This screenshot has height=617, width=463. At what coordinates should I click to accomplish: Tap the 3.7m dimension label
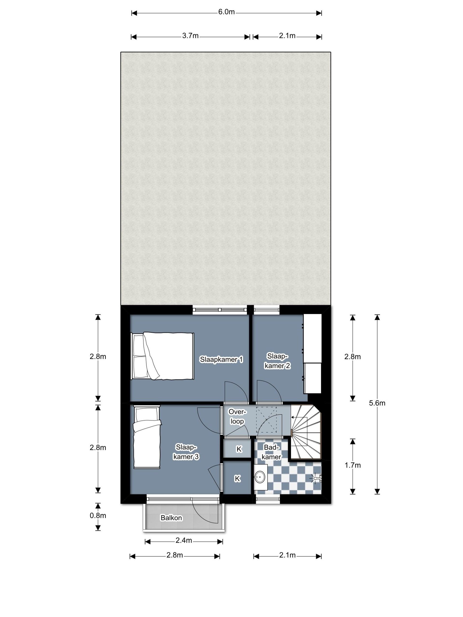point(190,36)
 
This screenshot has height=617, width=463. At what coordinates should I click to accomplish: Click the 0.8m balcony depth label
point(98,515)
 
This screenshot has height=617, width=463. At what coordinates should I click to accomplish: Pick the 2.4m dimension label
point(184,540)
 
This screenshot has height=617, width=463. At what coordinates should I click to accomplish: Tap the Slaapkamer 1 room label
point(221,360)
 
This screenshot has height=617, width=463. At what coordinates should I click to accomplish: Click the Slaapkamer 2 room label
point(277,361)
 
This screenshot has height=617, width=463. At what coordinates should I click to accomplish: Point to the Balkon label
point(171,518)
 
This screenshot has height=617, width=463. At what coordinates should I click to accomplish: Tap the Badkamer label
point(272,452)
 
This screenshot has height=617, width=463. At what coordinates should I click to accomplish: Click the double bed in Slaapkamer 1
point(162,356)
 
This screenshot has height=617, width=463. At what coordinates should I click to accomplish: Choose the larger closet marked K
point(237,478)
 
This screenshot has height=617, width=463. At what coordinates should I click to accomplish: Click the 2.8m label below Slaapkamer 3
point(175,555)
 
